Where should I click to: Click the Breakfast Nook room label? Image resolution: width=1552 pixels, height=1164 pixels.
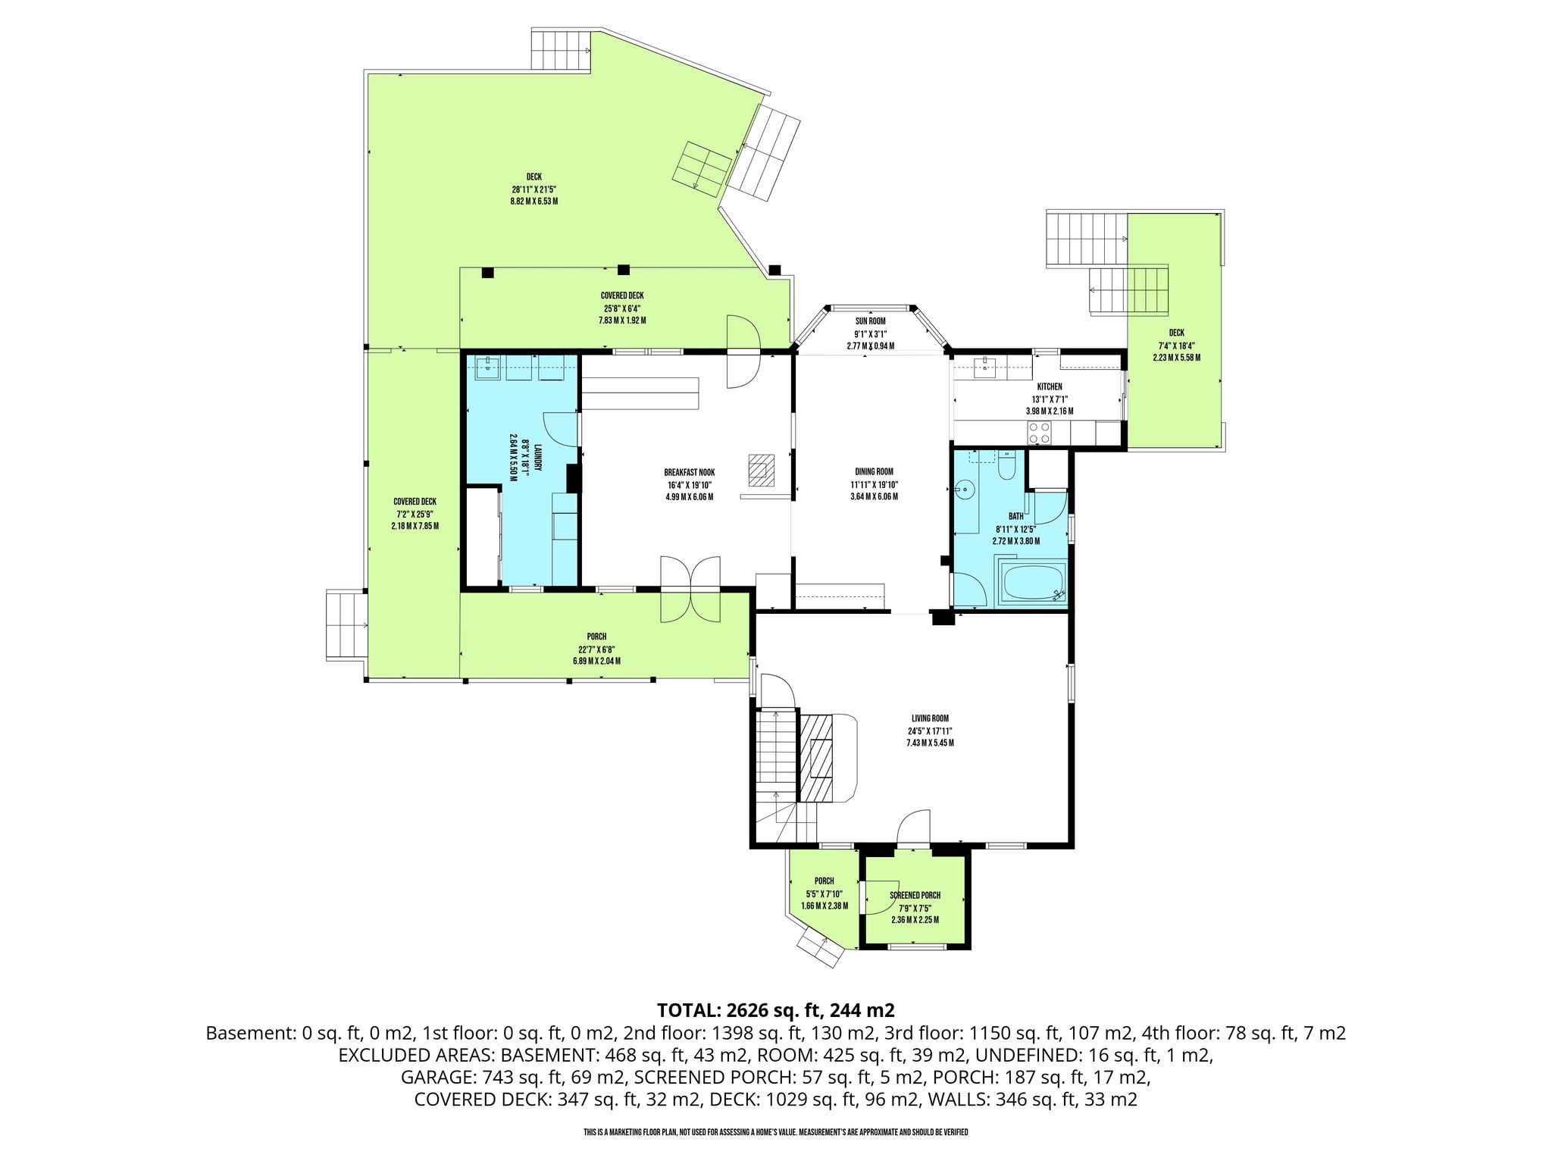coord(689,473)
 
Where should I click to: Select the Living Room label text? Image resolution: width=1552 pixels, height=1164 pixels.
coord(930,718)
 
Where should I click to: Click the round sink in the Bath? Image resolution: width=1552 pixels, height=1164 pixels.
coord(965,490)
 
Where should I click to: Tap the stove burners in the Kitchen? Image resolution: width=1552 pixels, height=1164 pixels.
coord(1039,433)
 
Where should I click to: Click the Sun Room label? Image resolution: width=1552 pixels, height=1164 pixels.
coord(870,321)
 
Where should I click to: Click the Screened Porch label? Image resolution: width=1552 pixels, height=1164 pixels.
coord(915,895)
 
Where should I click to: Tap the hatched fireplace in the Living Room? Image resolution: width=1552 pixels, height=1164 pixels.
coord(816,758)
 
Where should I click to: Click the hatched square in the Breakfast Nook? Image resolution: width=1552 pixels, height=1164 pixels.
coord(762,469)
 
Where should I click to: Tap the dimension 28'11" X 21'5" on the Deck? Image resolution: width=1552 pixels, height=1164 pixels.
coord(534,189)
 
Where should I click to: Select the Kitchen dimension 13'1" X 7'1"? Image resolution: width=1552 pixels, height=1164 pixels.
coord(1049,399)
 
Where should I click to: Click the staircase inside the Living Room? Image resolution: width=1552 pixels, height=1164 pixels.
coord(777,749)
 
